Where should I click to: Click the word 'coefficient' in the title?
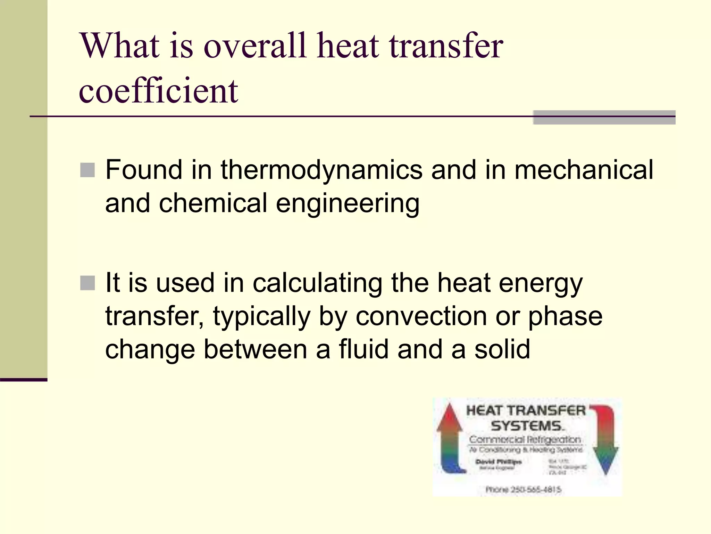(158, 91)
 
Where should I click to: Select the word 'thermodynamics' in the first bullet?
(321, 170)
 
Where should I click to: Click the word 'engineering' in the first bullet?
(348, 203)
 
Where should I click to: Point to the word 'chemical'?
(213, 203)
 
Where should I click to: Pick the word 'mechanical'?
(584, 170)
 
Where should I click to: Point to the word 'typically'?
(261, 316)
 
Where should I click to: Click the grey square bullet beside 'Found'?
(87, 170)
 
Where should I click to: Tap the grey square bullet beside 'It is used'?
(87, 283)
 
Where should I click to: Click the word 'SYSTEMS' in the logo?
(526, 426)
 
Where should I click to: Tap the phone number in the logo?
(523, 489)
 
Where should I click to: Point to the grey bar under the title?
(604, 118)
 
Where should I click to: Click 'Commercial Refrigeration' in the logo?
(525, 439)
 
